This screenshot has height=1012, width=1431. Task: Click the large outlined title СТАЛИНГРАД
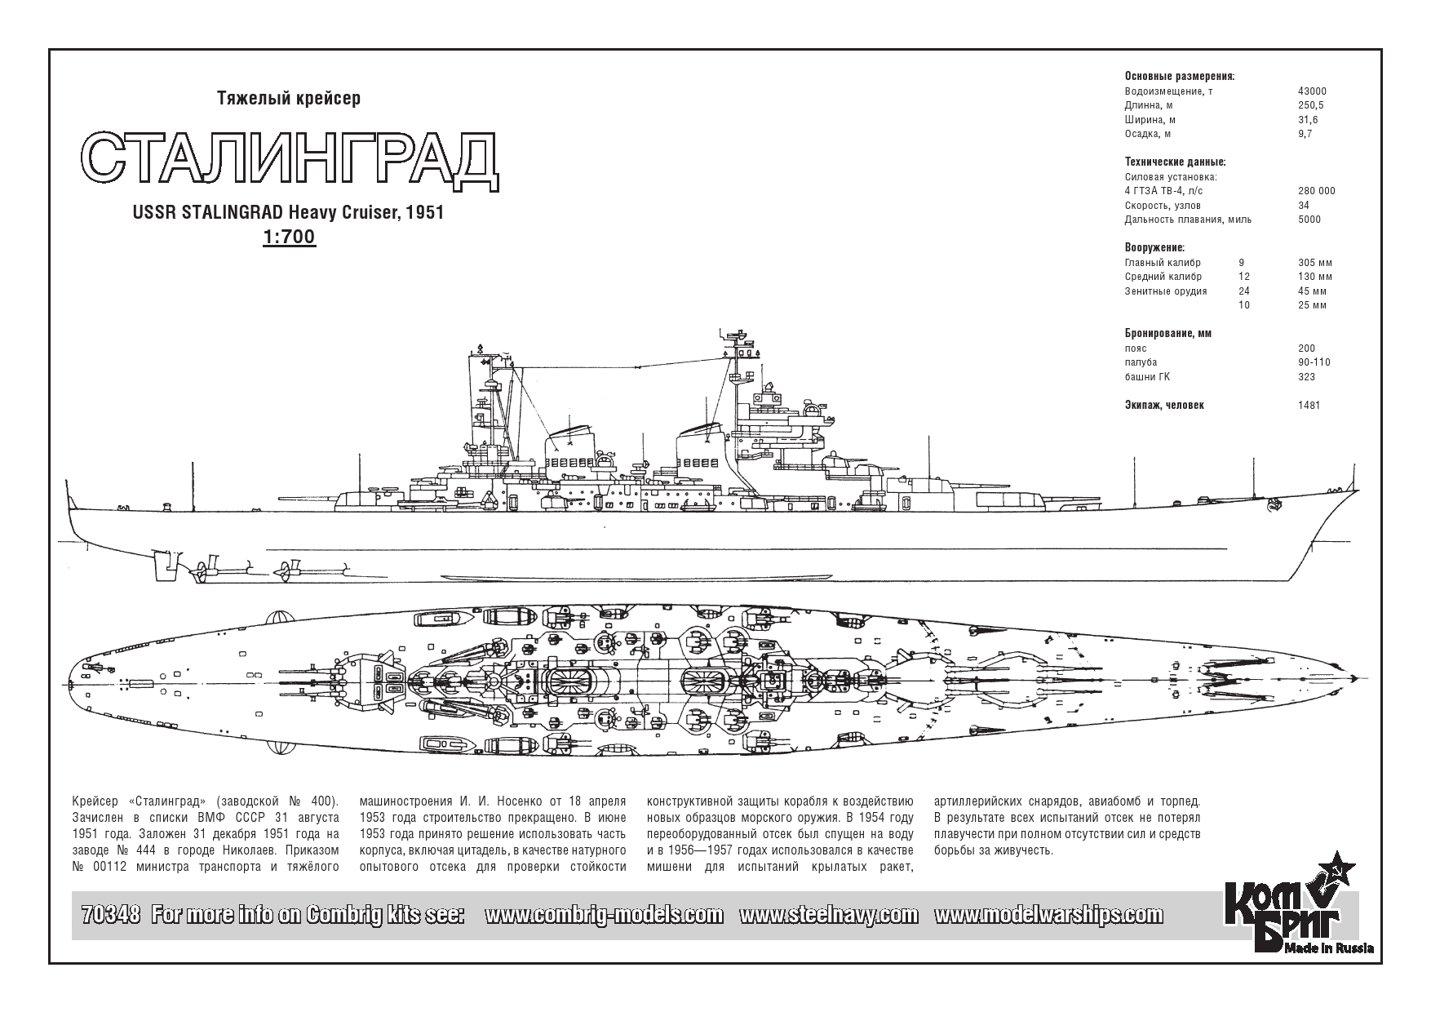point(290,160)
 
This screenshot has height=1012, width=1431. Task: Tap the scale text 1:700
point(289,237)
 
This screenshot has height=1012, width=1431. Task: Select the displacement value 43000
point(1312,91)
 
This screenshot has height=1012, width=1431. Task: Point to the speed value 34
point(1304,205)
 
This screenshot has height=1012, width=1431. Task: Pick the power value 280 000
point(1317,191)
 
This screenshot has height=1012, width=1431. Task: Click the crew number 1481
point(1309,405)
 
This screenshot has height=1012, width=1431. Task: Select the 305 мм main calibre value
point(1315,263)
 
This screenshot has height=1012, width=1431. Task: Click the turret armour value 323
point(1306,376)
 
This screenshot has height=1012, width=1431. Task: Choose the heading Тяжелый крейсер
point(289,99)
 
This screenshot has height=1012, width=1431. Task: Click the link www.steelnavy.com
point(828,916)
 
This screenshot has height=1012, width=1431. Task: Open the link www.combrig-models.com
point(604,916)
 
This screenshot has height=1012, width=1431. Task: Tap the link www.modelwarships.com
point(1048,916)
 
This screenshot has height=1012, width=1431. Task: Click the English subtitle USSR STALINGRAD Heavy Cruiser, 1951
point(289,212)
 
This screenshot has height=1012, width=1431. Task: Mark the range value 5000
point(1309,219)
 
